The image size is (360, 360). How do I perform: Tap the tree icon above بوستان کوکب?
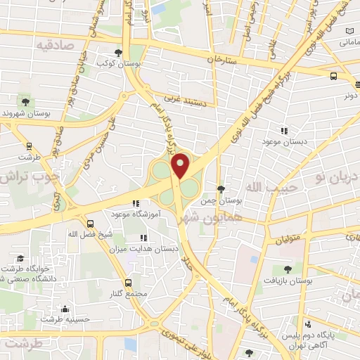[117, 52]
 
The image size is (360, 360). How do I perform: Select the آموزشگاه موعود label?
[136, 213]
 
